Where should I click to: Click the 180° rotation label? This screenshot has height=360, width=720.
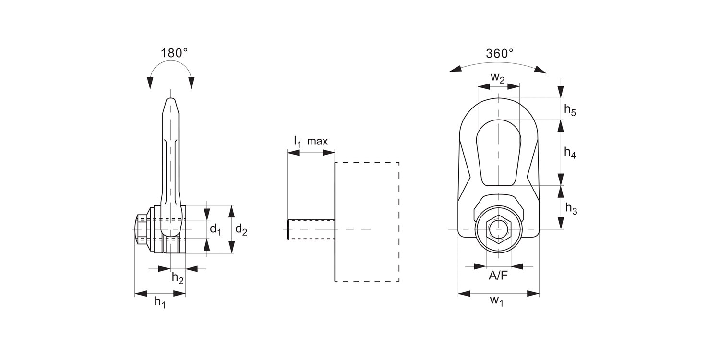pos(174,53)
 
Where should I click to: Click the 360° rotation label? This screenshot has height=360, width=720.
pos(499,53)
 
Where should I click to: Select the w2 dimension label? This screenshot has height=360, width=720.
pos(498,78)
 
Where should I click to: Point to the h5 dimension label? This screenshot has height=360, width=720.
pos(570,110)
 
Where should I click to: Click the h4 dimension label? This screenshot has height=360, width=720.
pos(570,153)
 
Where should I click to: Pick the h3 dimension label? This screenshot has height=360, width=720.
pos(571,208)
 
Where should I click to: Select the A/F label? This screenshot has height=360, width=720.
pos(498,276)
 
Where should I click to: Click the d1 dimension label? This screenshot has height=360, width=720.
pos(216,229)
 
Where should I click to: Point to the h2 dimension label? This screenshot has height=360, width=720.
pos(178,277)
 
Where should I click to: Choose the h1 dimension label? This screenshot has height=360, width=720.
pos(159,302)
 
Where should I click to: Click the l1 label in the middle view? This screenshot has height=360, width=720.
pos(297,141)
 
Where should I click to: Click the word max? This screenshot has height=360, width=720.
pos(317,142)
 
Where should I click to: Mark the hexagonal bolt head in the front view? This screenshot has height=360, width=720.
pos(499,229)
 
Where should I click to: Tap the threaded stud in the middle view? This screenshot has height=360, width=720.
pos(310,229)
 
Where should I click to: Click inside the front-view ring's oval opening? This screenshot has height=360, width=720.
pos(499,154)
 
